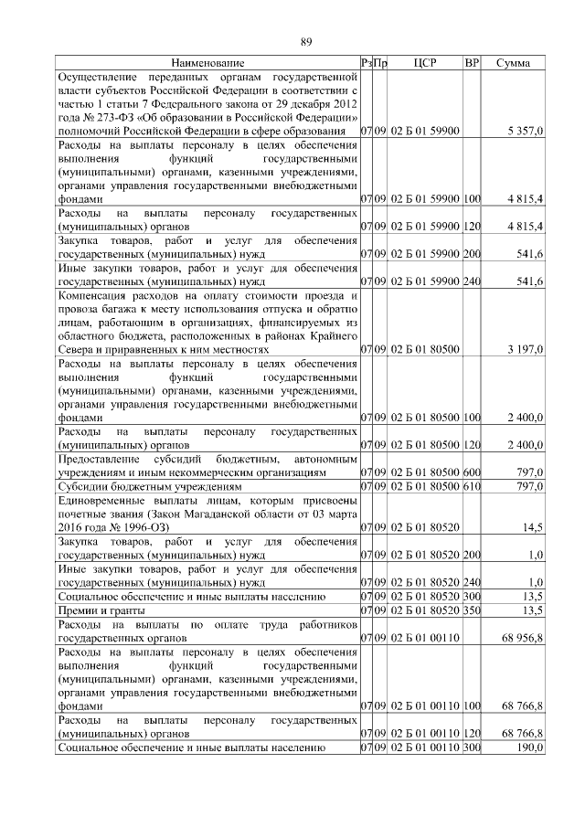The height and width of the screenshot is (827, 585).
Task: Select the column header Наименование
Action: coord(207,63)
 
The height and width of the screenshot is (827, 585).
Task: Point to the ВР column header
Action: coord(472,63)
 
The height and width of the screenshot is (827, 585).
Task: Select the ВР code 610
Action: coord(472,486)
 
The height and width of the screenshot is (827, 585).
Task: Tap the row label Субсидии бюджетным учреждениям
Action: coord(149,487)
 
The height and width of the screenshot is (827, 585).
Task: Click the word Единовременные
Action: coord(102,501)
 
